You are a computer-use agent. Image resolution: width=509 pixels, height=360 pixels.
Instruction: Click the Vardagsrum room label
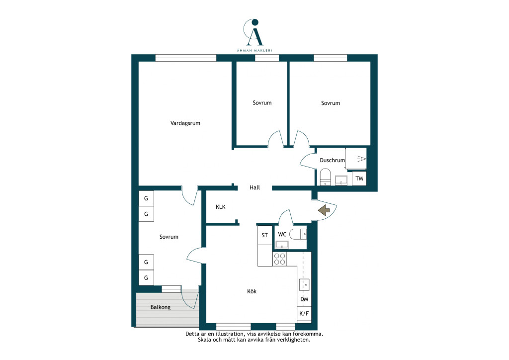point(185,123)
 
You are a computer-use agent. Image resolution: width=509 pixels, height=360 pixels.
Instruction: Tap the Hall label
point(255,187)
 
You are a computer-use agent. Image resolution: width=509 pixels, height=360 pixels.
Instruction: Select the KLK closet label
point(220,207)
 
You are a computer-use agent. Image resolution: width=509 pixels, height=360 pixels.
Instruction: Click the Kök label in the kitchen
point(252,291)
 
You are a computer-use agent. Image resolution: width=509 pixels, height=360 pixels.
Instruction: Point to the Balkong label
point(161,307)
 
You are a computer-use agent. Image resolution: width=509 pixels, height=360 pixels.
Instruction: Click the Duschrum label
point(332,160)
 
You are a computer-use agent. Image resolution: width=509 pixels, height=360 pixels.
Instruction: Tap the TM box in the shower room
point(359,179)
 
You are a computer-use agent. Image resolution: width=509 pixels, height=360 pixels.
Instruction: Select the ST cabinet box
point(265,235)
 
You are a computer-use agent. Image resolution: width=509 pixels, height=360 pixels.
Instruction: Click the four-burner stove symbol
point(279,259)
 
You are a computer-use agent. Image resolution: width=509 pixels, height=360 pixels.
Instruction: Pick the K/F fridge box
point(304,314)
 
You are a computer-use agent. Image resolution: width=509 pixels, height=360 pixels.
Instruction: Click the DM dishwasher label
point(304,299)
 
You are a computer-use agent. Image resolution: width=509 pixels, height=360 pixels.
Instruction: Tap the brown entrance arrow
point(324,210)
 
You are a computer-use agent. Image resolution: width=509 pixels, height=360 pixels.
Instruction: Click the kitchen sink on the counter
point(304,285)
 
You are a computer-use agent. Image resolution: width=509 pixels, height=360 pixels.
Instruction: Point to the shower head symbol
point(362,159)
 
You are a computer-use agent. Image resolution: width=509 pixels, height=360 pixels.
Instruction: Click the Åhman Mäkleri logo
point(254,35)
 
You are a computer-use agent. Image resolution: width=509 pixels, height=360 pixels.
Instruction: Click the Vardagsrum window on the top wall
point(186,58)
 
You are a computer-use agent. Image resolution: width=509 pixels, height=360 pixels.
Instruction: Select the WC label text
point(282,234)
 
